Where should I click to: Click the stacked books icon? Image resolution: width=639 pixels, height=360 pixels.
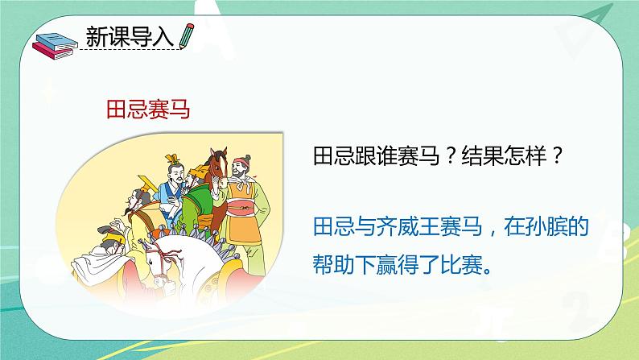click(55, 46)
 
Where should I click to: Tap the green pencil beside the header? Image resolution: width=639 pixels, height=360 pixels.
click(186, 36)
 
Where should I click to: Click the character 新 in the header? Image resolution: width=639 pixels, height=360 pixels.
click(97, 37)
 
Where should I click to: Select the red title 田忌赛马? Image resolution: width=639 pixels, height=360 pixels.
click(148, 110)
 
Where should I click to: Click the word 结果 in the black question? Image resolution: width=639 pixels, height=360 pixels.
click(482, 155)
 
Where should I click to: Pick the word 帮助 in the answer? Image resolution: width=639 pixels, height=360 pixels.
click(333, 265)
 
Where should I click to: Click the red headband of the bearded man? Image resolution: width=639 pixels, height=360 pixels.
click(241, 162)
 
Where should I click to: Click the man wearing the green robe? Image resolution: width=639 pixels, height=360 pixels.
click(197, 204)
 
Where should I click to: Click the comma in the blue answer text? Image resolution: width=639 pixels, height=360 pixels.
click(493, 233)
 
